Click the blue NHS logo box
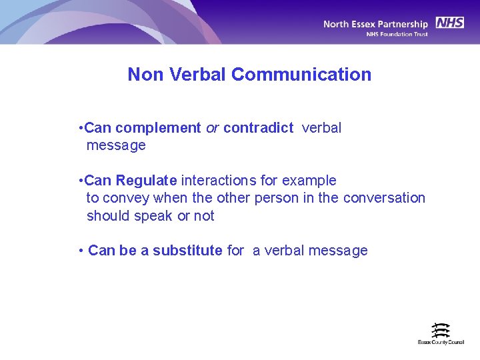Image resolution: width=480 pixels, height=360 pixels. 450,23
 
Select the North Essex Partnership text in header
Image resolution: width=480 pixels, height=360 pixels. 376,24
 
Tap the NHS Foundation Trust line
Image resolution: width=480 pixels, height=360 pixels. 397,34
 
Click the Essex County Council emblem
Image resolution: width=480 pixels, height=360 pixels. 441,330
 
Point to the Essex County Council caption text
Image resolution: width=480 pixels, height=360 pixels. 441,342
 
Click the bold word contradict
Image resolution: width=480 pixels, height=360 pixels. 258,128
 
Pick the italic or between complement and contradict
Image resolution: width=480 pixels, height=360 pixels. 212,128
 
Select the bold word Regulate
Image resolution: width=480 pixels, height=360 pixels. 146,181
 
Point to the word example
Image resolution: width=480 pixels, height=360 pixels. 309,181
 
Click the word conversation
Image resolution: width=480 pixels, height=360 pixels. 384,198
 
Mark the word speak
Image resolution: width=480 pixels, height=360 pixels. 153,216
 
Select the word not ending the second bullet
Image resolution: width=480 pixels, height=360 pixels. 204,216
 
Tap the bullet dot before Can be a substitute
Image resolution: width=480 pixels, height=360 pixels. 80,251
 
